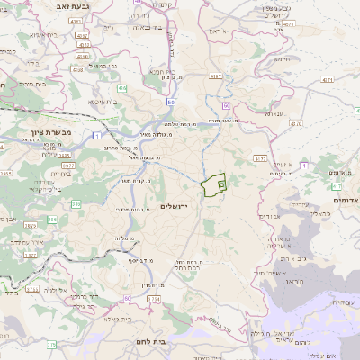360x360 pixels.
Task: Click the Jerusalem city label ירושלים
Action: [177, 205]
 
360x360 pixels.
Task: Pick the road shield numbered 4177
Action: [260, 158]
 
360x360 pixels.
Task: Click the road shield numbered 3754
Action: [154, 297]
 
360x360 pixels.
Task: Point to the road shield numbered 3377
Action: [31, 255]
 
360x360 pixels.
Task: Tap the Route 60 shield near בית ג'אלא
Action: [129, 297]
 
